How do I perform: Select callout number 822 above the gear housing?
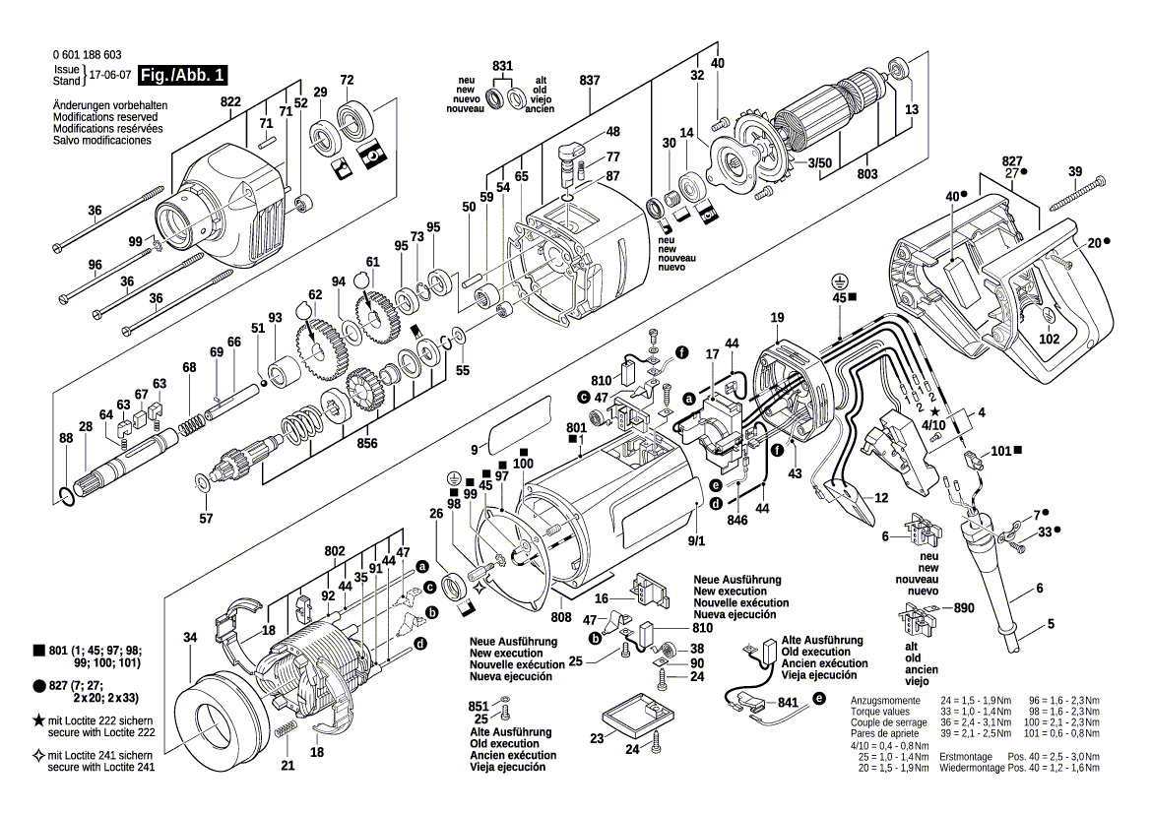click(x=230, y=101)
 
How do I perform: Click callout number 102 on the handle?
click(x=1050, y=340)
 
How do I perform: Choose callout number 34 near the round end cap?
click(x=190, y=636)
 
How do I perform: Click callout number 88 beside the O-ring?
click(x=65, y=438)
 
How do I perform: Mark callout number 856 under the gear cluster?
click(x=368, y=443)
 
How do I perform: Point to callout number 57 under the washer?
click(x=206, y=518)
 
